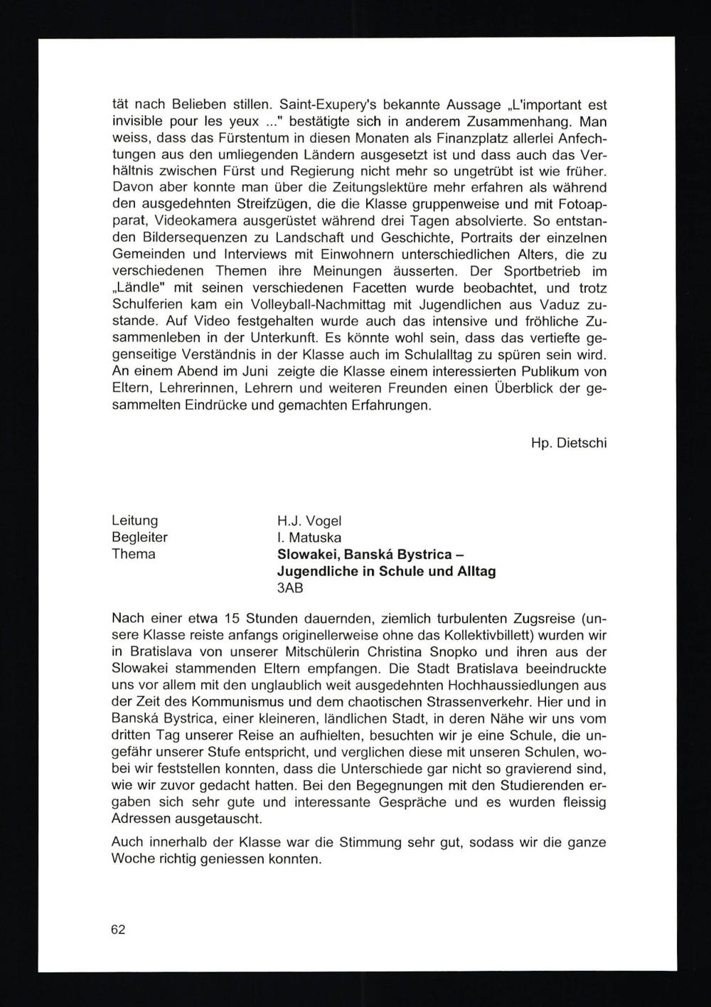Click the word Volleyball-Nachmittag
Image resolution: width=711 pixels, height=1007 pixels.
[326, 304]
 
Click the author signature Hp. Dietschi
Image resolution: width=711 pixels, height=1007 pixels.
[568, 443]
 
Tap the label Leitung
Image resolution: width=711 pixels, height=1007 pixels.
[135, 521]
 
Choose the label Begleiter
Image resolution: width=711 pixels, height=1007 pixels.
[140, 538]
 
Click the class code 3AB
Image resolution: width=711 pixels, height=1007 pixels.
[291, 588]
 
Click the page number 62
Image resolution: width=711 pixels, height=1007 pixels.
[118, 929]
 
